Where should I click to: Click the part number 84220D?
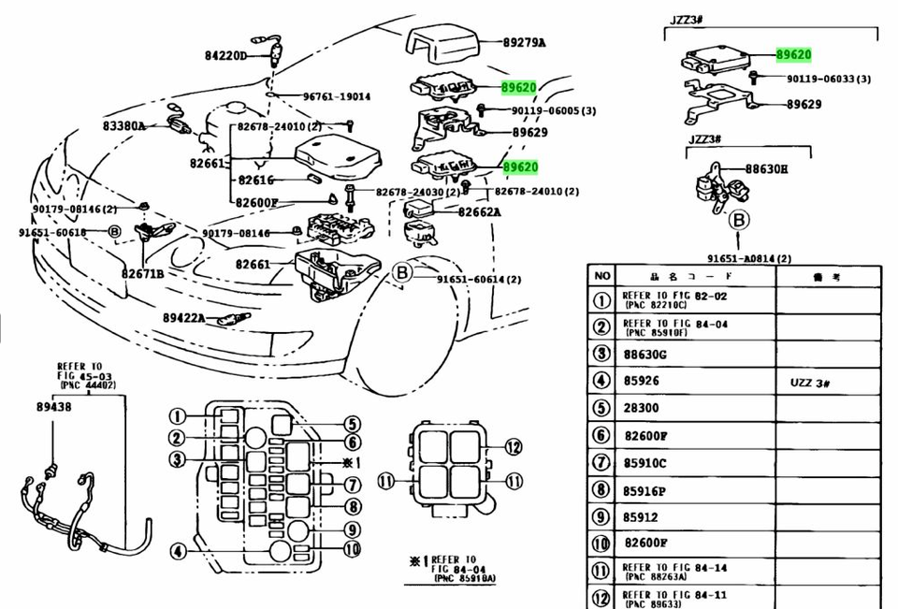click(x=224, y=56)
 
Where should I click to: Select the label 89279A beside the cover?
click(x=524, y=43)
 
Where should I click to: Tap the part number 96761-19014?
click(x=336, y=96)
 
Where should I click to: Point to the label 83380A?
click(x=123, y=125)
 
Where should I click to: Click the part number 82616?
click(x=254, y=181)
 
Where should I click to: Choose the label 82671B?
click(x=142, y=273)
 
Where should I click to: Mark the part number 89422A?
click(x=183, y=318)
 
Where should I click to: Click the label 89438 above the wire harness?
click(x=53, y=407)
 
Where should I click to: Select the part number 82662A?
click(x=479, y=211)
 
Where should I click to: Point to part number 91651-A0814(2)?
click(x=748, y=258)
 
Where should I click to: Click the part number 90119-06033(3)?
click(x=828, y=80)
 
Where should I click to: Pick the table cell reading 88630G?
click(x=645, y=354)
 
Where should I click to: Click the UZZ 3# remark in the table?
click(x=811, y=382)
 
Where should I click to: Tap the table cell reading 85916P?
click(x=645, y=490)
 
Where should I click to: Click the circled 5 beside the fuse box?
click(x=351, y=425)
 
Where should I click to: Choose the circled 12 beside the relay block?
click(x=513, y=447)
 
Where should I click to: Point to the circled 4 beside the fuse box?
click(x=177, y=551)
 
